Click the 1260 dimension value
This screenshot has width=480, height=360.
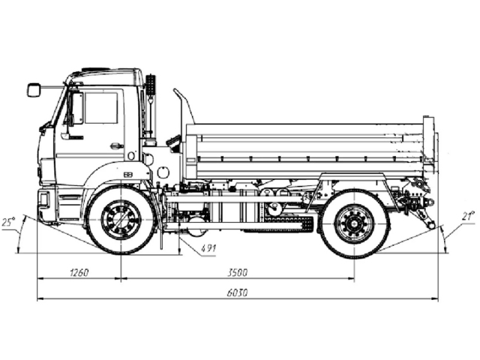[x=78, y=272]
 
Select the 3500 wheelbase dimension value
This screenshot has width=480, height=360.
[x=238, y=272]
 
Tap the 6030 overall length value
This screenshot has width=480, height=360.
[x=238, y=292]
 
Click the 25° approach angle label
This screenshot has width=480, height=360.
[x=8, y=223]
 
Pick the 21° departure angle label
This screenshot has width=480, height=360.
[x=468, y=217]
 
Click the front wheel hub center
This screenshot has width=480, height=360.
[x=121, y=220]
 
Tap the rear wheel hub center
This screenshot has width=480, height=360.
[x=355, y=223]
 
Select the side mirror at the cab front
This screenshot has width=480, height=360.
[x=33, y=90]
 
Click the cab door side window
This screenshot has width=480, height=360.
[x=100, y=108]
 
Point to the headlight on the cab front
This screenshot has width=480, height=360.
[x=43, y=199]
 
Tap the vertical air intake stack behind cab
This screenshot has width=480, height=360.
[x=151, y=105]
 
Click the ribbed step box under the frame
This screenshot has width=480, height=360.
[x=286, y=223]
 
